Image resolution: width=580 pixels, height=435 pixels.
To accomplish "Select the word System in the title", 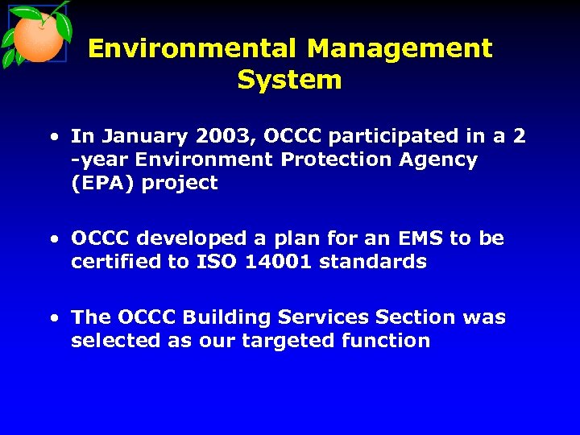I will point(289,80).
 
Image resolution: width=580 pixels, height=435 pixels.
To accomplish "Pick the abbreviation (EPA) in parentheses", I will point(102,183).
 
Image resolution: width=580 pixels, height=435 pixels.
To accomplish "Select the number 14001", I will point(278,262).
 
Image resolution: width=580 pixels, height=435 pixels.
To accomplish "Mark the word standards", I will point(373,262).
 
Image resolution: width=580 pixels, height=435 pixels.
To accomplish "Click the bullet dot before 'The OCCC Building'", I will point(53,318).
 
